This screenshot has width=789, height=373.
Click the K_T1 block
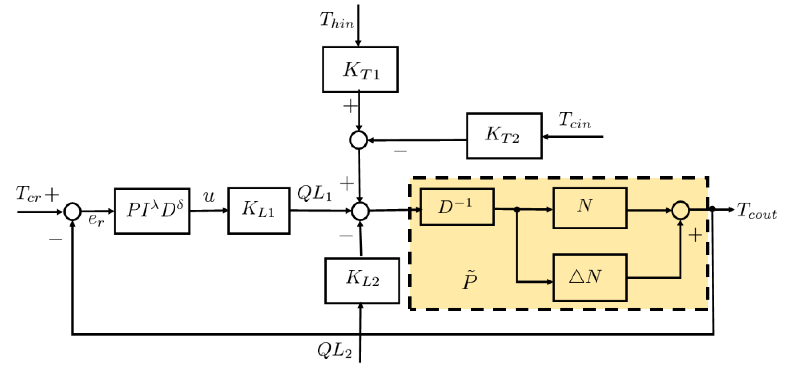tap(360, 70)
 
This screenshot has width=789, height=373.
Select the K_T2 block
tap(504, 136)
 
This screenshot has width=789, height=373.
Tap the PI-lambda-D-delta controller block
tap(152, 211)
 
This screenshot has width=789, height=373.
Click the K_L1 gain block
tap(259, 211)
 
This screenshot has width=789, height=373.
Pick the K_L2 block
tap(362, 281)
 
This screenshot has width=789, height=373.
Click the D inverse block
tap(457, 207)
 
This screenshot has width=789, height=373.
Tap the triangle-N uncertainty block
tap(590, 277)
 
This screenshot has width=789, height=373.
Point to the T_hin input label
tap(337, 21)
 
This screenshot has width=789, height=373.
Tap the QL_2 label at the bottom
tap(335, 350)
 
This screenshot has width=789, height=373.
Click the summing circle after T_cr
tap(72, 211)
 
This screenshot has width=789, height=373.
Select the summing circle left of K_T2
tap(358, 140)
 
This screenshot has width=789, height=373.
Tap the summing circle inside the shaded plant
tap(681, 210)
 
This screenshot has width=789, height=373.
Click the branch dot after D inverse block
tap(517, 210)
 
